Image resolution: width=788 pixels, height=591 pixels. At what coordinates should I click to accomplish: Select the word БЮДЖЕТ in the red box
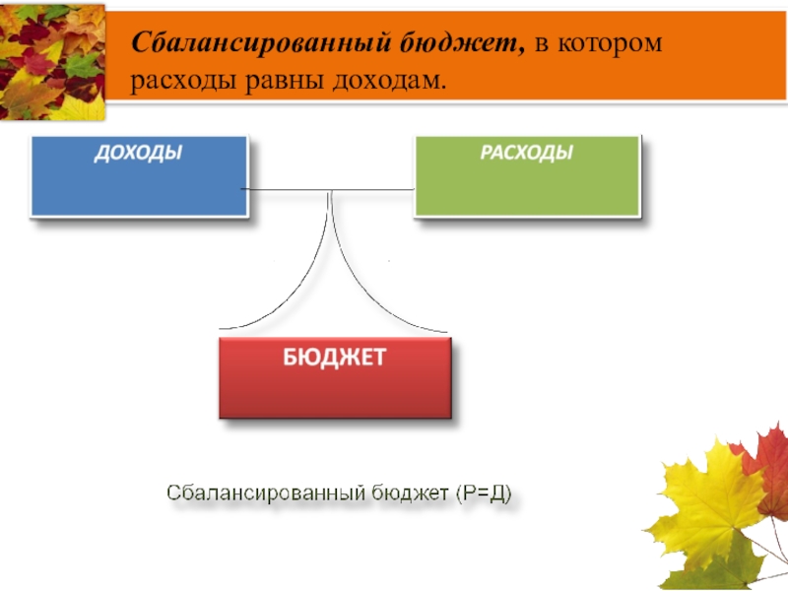335,356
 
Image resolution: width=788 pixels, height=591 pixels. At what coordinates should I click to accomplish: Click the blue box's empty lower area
138,192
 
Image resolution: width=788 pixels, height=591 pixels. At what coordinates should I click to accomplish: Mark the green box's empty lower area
527,192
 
